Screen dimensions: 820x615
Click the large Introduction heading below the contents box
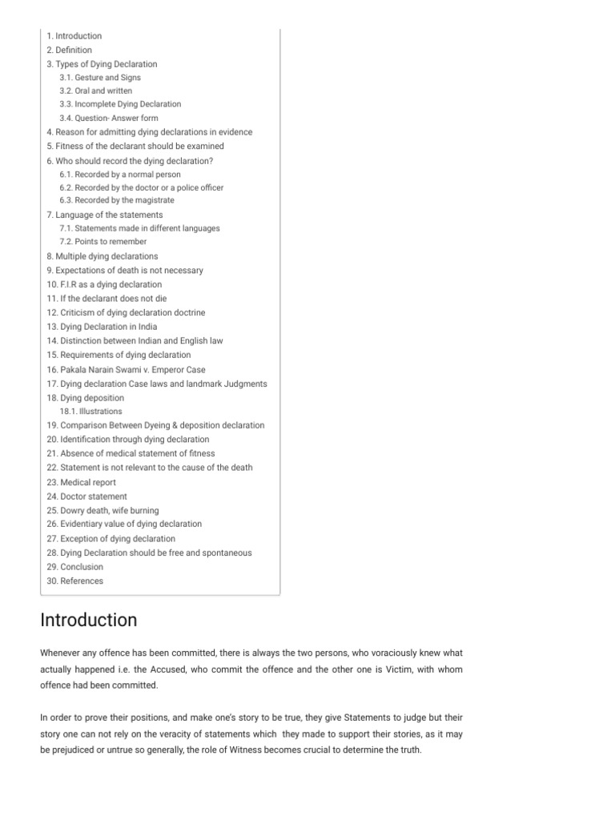click(89, 620)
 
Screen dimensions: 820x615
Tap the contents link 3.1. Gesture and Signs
click(100, 78)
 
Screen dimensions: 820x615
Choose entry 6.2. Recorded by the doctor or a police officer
click(141, 187)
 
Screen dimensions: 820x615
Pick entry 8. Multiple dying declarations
click(102, 256)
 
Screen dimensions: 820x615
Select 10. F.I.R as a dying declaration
click(104, 284)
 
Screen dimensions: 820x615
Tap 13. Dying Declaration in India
click(102, 327)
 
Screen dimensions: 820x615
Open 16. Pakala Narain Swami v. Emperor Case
click(126, 370)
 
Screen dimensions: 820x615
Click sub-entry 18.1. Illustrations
click(90, 412)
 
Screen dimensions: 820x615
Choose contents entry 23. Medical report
click(81, 482)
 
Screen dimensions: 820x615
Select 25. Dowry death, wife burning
click(102, 510)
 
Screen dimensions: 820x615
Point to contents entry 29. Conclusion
click(74, 567)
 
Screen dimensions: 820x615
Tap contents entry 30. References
click(74, 581)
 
